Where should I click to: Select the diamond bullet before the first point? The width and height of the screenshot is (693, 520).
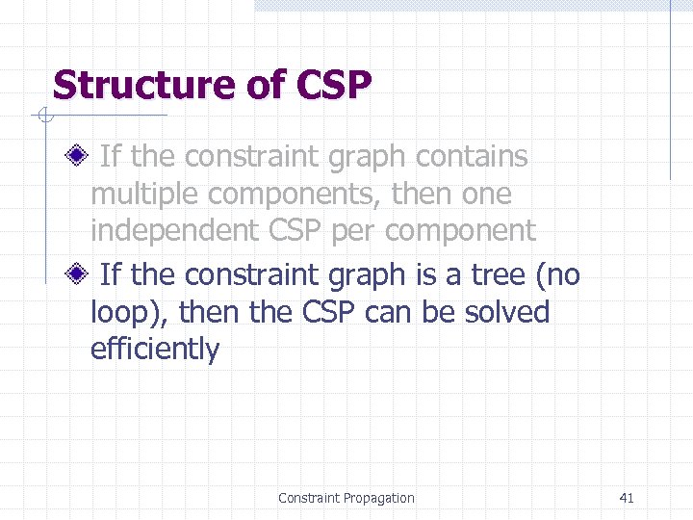(79, 155)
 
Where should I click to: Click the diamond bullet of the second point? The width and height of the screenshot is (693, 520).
(79, 274)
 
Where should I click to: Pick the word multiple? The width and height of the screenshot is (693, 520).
(144, 195)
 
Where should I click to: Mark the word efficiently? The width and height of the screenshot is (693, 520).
(154, 350)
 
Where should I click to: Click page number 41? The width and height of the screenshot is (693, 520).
(627, 498)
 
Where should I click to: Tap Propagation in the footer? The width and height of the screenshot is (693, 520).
(376, 498)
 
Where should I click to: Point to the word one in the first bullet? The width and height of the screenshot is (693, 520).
(487, 195)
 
